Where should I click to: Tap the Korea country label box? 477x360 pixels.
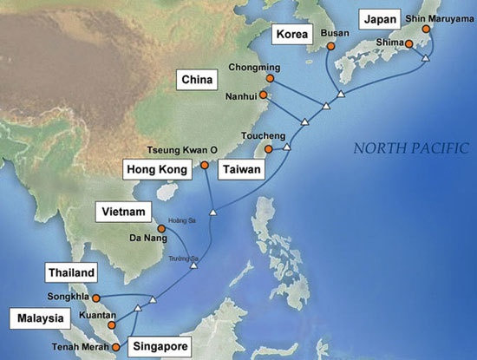point(292,35)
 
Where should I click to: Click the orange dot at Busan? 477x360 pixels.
point(329,46)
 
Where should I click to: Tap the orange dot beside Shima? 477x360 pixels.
point(408,43)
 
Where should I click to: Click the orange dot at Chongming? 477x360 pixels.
point(269,78)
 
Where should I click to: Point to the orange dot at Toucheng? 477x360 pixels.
point(268,149)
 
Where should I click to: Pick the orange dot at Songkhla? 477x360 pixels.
point(95,298)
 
